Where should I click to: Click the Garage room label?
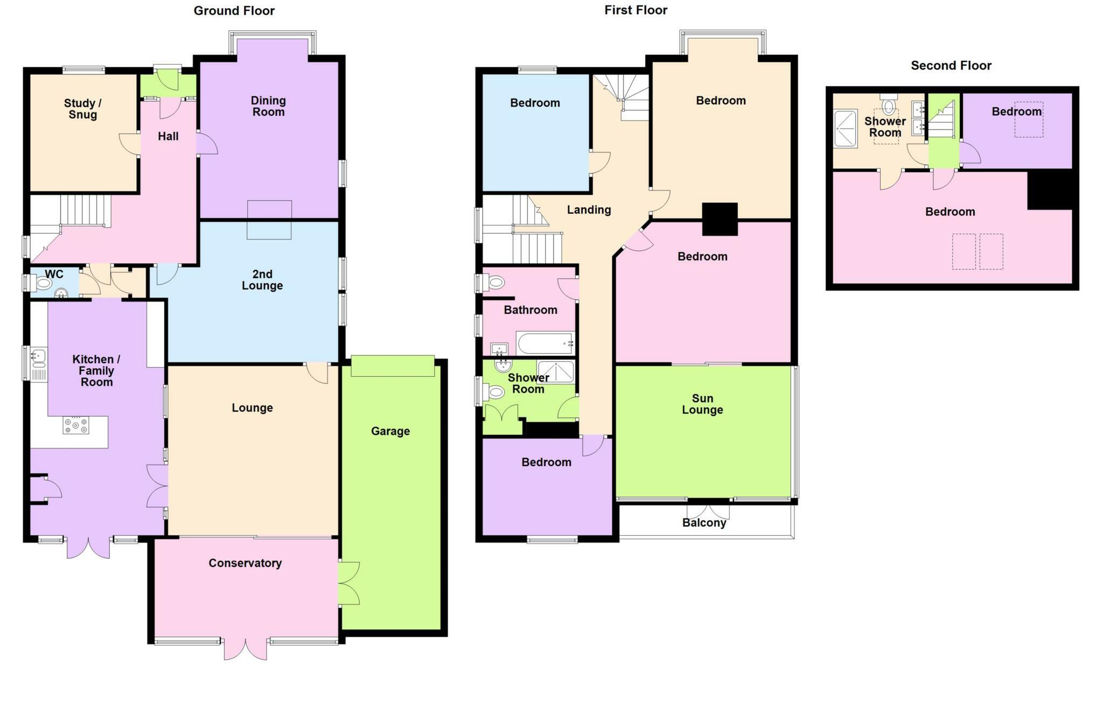(x=390, y=431)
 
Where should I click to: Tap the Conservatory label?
(x=245, y=563)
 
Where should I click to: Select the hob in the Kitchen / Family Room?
(x=76, y=425)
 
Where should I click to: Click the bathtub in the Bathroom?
(x=545, y=343)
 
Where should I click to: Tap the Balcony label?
(x=704, y=523)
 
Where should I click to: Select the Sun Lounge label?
(x=702, y=404)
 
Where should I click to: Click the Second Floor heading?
(x=951, y=66)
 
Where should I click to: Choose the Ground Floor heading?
(x=234, y=11)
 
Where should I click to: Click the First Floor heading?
(x=636, y=10)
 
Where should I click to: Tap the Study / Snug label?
(x=83, y=109)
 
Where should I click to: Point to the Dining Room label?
(x=268, y=106)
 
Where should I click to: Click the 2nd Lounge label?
(x=262, y=280)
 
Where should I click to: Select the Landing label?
(x=589, y=210)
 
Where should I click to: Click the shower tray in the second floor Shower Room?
(x=845, y=128)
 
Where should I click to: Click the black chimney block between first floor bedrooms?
(x=720, y=219)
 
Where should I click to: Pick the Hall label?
(x=168, y=137)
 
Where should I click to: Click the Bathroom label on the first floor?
(x=530, y=310)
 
